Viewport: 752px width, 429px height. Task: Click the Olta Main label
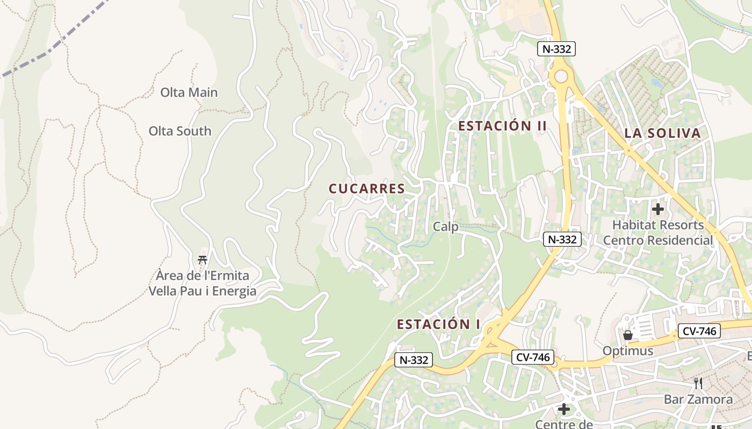(189, 92)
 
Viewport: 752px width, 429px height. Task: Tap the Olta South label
(180, 131)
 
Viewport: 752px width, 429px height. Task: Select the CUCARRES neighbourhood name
(366, 189)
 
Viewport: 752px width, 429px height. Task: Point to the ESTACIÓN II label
(502, 126)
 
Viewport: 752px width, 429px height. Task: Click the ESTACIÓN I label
(439, 324)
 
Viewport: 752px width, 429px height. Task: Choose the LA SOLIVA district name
(663, 134)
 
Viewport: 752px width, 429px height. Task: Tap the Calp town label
(446, 227)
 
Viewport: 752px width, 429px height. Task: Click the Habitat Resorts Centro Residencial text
(658, 232)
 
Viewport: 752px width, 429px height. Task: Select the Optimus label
(627, 351)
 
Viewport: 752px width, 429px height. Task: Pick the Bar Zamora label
(698, 399)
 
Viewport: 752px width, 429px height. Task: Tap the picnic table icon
(203, 260)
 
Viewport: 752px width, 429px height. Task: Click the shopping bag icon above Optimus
(627, 335)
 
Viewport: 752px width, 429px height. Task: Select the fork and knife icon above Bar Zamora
(698, 383)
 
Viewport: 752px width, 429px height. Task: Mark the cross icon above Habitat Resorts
(658, 209)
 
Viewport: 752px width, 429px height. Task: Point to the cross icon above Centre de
(563, 409)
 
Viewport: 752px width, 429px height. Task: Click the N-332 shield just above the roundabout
(556, 49)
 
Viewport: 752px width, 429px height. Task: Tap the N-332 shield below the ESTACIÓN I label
(414, 360)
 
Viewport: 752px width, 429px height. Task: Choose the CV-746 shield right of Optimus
(699, 331)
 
